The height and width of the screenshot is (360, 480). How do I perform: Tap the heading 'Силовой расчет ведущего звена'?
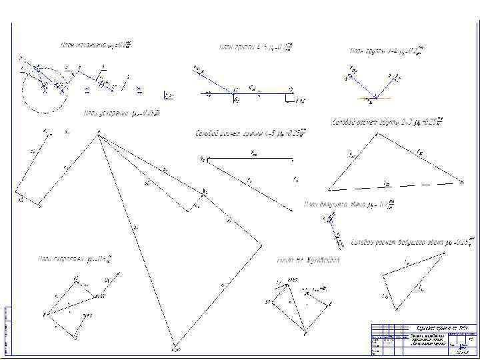[412, 240]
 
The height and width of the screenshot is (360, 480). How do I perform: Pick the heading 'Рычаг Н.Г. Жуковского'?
[308, 260]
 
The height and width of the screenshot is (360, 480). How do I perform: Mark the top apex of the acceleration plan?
[98, 136]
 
